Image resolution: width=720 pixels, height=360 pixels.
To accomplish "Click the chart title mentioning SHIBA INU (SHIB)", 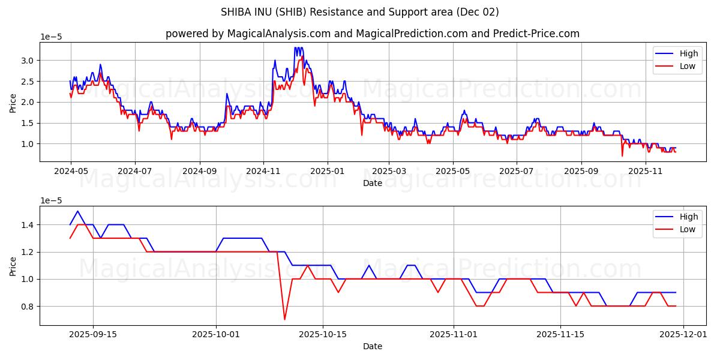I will (359, 12).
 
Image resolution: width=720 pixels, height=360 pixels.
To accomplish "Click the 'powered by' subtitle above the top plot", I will (372, 34).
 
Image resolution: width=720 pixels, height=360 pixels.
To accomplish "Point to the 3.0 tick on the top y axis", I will (28, 61).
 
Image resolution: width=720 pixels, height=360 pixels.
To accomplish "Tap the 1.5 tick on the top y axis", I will (28, 123).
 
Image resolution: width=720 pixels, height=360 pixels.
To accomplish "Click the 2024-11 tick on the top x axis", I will (263, 171).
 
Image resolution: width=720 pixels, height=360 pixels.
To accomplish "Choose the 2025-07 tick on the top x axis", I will (517, 171).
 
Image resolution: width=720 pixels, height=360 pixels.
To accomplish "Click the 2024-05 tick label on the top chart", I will (71, 171).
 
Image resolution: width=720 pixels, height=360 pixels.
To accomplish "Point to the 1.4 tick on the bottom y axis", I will (28, 225).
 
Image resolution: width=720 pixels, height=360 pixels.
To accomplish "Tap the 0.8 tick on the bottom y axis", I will (28, 307).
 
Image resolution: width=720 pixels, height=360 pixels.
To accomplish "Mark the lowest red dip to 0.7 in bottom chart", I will (284, 319).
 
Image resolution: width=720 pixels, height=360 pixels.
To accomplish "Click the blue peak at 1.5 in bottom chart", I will (77, 211).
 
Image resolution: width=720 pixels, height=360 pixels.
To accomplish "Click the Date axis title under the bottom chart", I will (372, 346).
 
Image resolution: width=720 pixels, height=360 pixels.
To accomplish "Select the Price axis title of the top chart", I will (13, 102).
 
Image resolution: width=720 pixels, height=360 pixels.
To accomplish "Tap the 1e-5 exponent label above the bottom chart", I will (51, 200).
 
